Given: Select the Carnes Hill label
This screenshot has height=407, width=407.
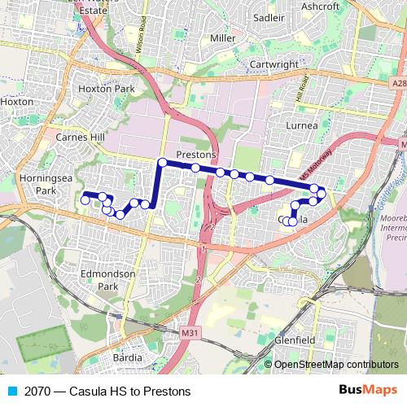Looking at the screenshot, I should (81, 138).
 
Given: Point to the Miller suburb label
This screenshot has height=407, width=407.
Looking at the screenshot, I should (222, 37).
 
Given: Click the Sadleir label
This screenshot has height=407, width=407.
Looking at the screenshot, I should (268, 15).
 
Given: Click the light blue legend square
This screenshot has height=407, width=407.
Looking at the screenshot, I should (11, 391).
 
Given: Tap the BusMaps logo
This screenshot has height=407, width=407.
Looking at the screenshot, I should (369, 390).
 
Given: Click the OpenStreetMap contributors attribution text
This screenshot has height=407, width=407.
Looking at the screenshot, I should (335, 365).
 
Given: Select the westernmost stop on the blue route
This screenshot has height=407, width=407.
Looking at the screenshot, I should (85, 199).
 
